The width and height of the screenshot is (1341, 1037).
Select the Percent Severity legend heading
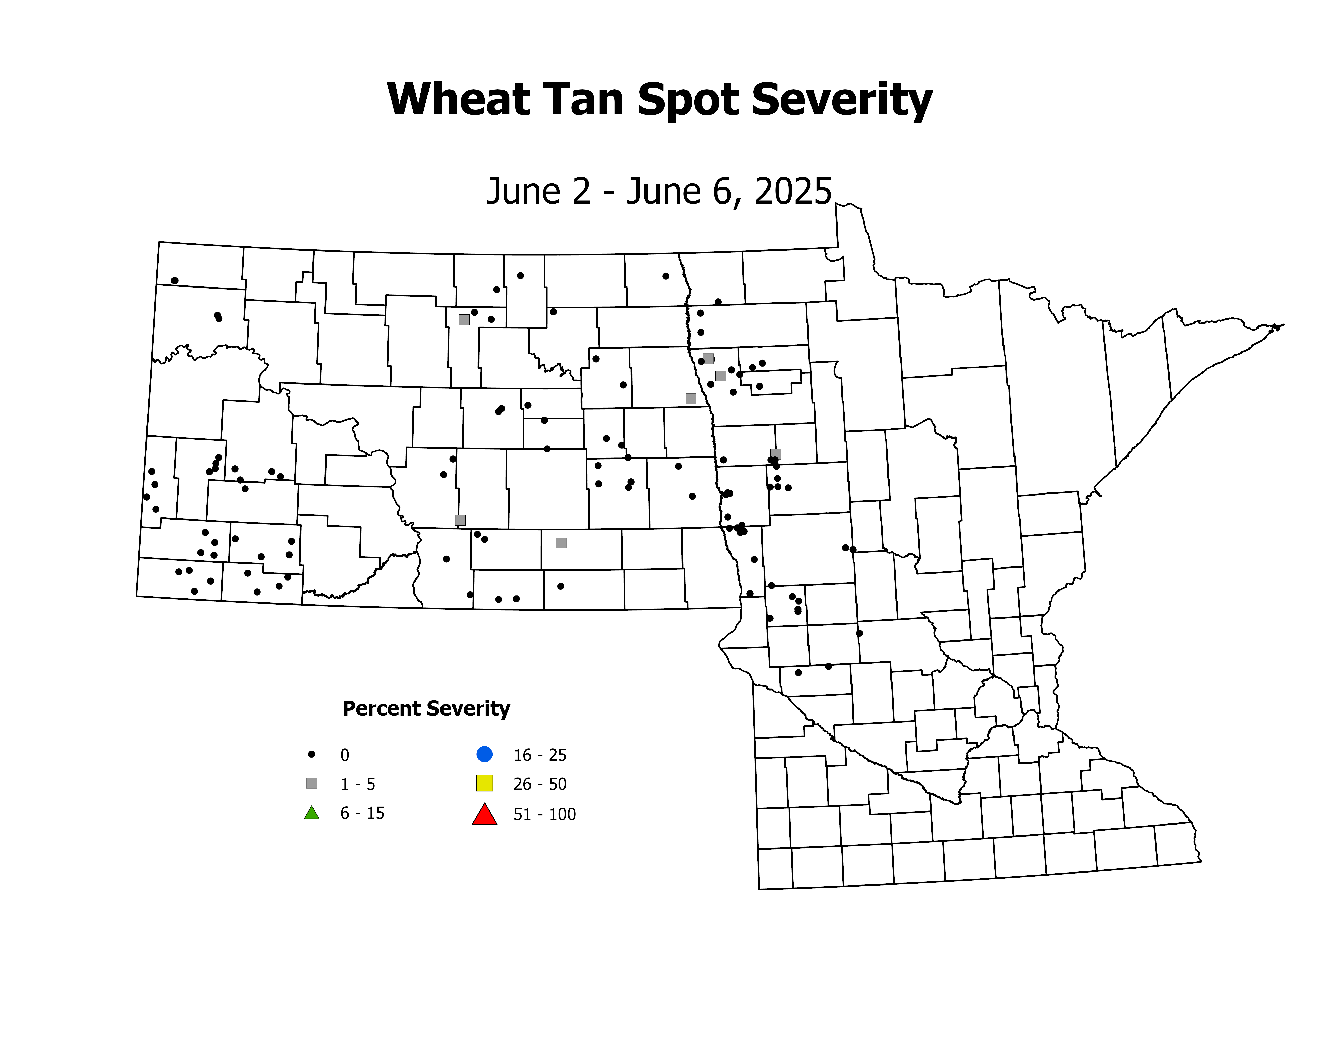pyautogui.click(x=426, y=708)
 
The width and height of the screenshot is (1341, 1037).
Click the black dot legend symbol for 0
pyautogui.click(x=311, y=754)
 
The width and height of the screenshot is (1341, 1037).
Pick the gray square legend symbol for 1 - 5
pyautogui.click(x=311, y=783)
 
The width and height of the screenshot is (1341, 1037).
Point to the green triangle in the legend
pyautogui.click(x=311, y=813)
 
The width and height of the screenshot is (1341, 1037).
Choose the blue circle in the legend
pyautogui.click(x=484, y=754)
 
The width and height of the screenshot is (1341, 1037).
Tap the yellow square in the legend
pyautogui.click(x=484, y=783)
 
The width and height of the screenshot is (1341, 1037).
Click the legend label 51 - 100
pyautogui.click(x=545, y=815)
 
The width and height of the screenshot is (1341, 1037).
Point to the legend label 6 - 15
pyautogui.click(x=362, y=813)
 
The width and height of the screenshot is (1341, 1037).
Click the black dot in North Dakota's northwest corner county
pyautogui.click(x=174, y=280)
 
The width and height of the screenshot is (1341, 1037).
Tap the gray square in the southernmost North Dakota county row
pyautogui.click(x=561, y=543)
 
